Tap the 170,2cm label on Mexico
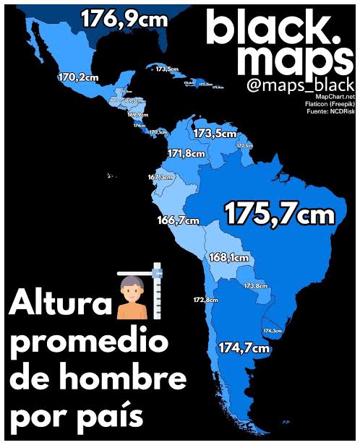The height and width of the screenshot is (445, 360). (78, 77)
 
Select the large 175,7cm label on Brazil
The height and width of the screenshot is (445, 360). (279, 213)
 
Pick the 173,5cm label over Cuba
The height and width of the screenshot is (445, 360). (167, 69)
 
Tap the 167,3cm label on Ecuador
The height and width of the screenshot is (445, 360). (160, 177)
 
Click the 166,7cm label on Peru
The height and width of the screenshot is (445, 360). (177, 220)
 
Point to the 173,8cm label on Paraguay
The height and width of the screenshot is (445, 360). (256, 286)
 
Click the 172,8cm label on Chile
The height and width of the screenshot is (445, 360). (205, 299)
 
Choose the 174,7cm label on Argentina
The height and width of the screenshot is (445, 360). (244, 348)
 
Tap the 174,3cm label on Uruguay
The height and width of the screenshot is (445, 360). (273, 330)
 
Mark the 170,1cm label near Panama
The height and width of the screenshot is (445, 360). (158, 132)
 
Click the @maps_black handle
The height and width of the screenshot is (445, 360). (301, 85)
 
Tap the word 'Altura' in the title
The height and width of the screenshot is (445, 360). (59, 304)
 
